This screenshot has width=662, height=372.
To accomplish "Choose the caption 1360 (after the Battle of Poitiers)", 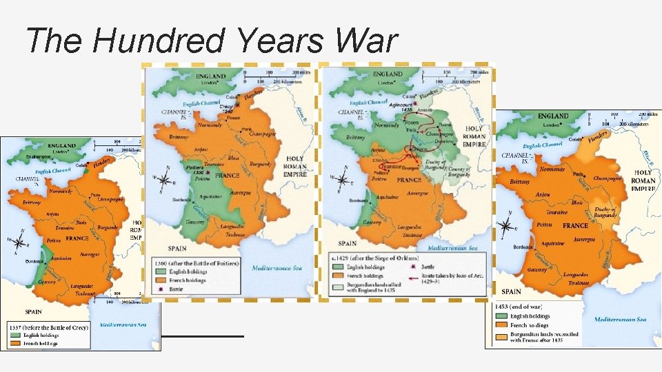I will (x=197, y=264).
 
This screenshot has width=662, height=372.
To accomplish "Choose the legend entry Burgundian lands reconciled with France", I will (x=545, y=338).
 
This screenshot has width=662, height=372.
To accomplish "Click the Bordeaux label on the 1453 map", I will (x=524, y=247).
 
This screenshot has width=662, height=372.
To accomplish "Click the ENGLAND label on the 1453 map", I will (x=553, y=116).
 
